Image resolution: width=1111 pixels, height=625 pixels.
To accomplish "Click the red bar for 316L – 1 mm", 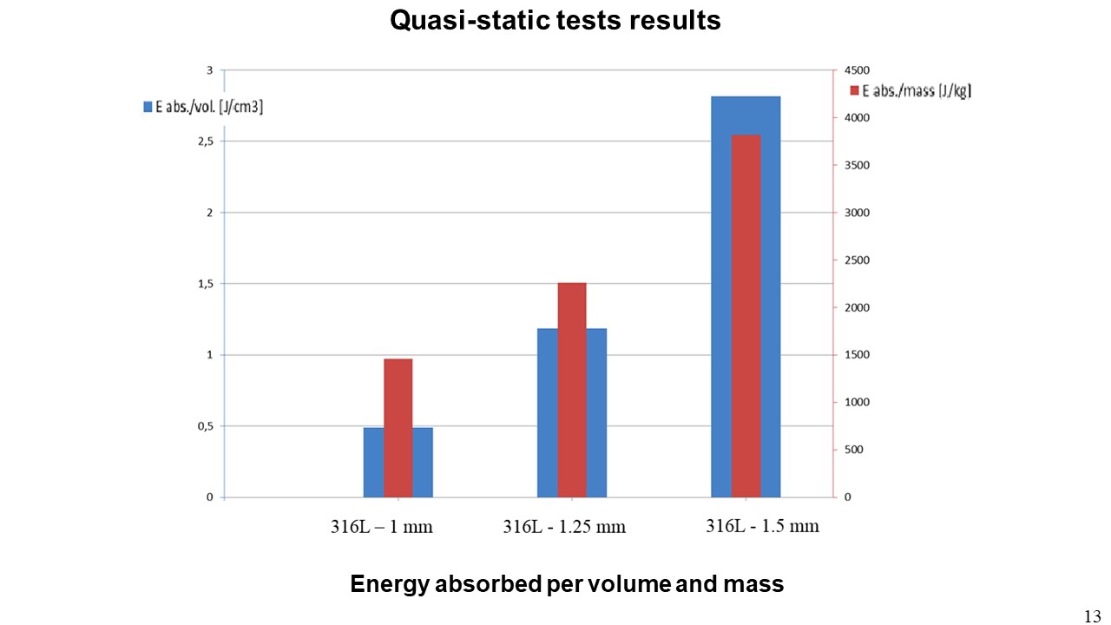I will (x=398, y=427).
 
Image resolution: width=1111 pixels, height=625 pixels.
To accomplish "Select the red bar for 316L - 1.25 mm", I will (x=572, y=390).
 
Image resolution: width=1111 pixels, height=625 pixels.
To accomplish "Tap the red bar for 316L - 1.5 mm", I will (x=746, y=316).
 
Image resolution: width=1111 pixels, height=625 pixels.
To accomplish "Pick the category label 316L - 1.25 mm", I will (x=564, y=527).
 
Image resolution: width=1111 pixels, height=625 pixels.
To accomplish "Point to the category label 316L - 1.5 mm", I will (x=762, y=525).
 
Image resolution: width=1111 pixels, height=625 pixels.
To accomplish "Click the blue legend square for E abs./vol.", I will (x=148, y=107).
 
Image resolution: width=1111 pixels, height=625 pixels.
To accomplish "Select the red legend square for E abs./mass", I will (x=854, y=90).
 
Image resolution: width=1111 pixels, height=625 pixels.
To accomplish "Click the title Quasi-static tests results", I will (x=555, y=20).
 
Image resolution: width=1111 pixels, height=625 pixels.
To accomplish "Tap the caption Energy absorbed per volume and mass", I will (x=567, y=584).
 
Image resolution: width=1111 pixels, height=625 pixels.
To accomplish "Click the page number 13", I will (x=1092, y=615).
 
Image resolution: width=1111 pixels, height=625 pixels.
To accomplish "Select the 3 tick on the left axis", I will (x=209, y=70).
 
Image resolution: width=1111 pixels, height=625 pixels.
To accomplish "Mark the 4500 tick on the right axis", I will (x=857, y=70).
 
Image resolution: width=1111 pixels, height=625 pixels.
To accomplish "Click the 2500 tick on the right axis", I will (x=857, y=260).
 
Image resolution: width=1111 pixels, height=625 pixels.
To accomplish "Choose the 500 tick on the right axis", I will (x=854, y=450).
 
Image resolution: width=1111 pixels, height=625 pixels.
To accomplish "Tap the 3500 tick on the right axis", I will (x=857, y=165).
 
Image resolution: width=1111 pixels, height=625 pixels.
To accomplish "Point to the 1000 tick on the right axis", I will (x=857, y=403).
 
